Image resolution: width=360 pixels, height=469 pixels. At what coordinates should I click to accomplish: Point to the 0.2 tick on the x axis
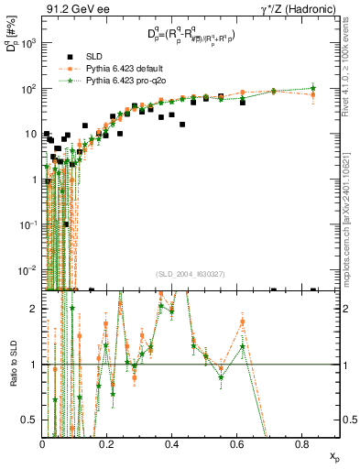107,443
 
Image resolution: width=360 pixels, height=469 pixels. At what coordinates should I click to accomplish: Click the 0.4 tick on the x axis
172,443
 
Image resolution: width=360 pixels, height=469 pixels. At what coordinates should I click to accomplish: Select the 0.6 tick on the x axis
237,443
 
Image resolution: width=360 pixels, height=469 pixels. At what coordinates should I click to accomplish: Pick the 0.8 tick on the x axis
302,443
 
